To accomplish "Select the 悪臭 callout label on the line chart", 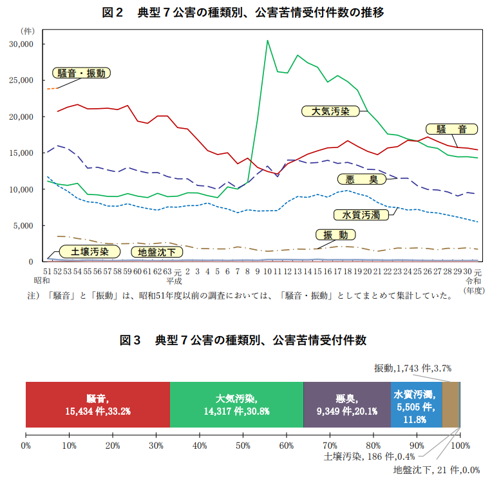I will [360, 178].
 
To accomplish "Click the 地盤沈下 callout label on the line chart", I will [156, 252].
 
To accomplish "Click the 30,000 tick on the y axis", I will [26, 44].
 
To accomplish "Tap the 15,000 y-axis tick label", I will [26, 153].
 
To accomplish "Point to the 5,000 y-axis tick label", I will [28, 226].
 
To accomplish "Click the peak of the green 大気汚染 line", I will [267, 41].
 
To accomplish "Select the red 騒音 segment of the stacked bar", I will [97, 405].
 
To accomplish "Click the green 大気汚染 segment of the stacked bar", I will [236, 405].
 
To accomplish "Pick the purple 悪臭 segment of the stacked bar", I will [346, 405].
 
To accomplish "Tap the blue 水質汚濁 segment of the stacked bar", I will [416, 405].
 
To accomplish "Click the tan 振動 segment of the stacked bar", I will [450, 405].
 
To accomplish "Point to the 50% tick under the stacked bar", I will [243, 445].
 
